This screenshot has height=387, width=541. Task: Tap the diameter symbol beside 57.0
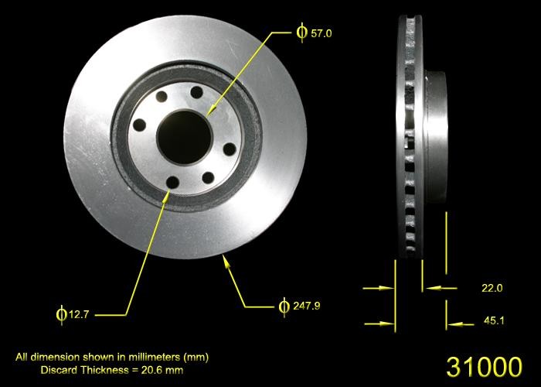click(301, 33)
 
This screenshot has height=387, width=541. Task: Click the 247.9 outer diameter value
click(306, 306)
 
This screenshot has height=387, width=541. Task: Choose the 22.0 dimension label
click(492, 288)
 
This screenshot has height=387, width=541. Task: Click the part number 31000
click(484, 366)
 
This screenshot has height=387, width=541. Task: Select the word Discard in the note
click(58, 370)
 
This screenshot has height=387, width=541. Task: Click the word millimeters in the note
click(156, 358)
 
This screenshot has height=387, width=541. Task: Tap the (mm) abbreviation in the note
click(197, 358)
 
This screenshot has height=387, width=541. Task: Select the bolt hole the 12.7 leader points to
click(172, 183)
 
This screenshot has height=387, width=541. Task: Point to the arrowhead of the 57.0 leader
click(210, 115)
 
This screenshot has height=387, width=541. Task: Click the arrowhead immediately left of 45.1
click(452, 320)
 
